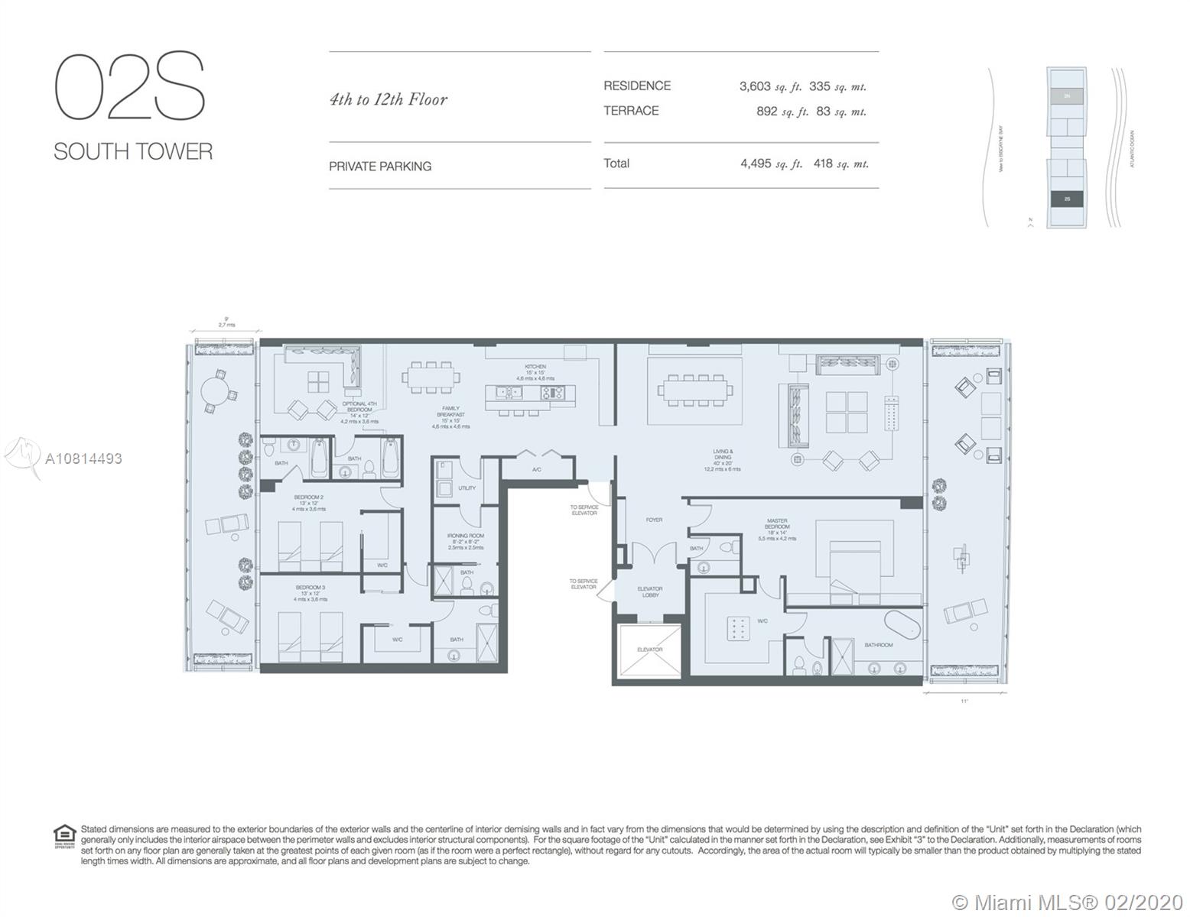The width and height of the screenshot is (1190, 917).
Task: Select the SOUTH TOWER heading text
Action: tap(133, 151)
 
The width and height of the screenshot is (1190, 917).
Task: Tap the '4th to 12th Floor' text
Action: tap(388, 99)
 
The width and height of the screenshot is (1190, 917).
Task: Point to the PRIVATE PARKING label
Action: tap(380, 166)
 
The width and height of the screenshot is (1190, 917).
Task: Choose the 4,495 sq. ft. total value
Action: tap(771, 164)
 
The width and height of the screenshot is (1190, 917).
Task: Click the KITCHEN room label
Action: tap(535, 367)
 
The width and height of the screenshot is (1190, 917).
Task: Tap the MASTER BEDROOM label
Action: tap(777, 524)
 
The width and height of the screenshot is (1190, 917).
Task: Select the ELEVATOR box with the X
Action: tap(650, 650)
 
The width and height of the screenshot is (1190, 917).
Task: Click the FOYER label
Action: tap(654, 520)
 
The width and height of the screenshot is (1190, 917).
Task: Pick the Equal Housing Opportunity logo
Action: tap(64, 835)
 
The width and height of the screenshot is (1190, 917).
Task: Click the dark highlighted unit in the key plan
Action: tap(1066, 199)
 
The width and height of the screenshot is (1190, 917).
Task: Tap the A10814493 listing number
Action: tap(83, 458)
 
